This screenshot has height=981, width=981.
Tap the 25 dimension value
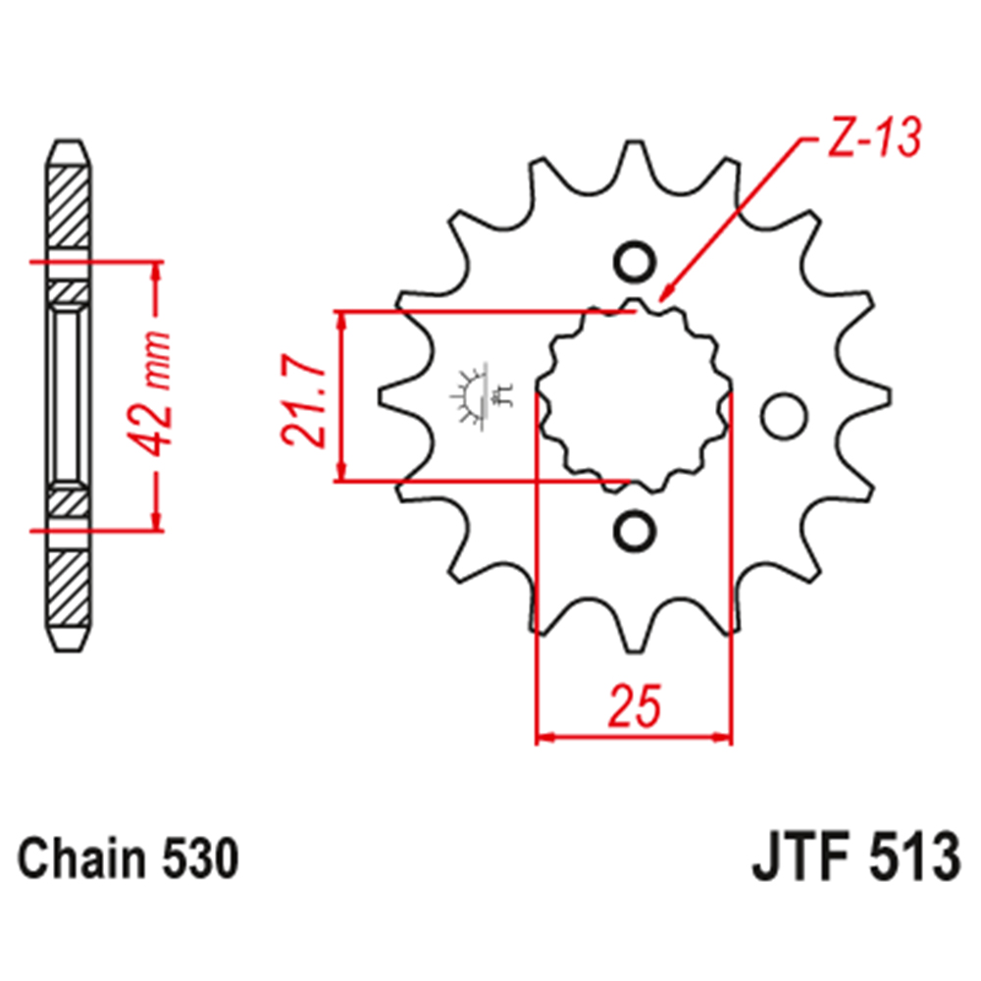(634, 705)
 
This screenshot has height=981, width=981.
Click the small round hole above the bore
(634, 262)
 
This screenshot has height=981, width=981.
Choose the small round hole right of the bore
(782, 415)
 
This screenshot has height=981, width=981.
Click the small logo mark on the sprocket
(481, 396)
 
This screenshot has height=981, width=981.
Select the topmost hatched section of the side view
(70, 207)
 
